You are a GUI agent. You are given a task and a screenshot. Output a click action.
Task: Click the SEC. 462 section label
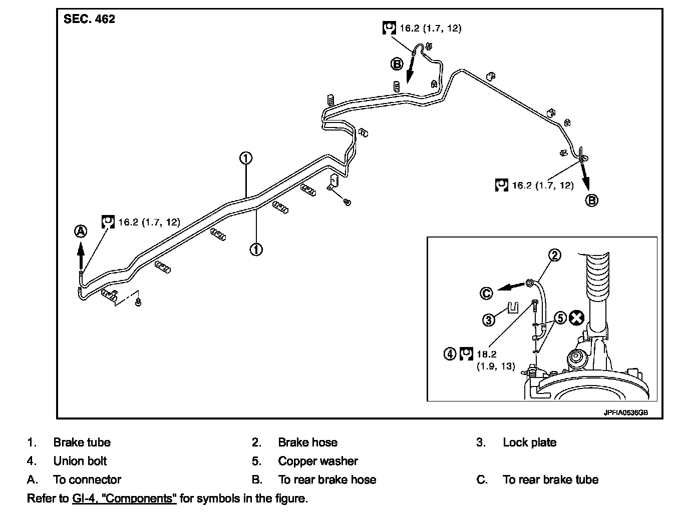pos(89,19)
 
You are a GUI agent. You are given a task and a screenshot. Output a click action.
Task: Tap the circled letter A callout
pos(81,231)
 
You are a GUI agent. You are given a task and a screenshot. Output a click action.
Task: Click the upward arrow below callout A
pos(81,255)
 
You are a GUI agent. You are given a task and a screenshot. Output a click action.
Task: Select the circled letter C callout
pos(486,293)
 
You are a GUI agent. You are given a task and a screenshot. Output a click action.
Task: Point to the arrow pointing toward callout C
pos(511,286)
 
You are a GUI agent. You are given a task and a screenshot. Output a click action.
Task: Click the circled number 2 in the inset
pos(555,255)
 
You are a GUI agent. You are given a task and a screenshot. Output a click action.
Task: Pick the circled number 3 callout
pos(489,320)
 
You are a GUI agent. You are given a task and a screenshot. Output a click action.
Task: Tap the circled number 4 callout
pos(450,353)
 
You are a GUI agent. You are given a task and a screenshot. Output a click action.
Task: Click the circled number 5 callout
pos(560,318)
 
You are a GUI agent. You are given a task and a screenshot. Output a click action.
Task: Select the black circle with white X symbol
pos(576,318)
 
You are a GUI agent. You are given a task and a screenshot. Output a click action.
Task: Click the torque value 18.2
pos(487,354)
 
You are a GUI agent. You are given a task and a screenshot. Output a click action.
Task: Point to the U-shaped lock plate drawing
pos(513,307)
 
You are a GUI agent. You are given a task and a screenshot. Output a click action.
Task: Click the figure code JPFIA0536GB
pos(625,412)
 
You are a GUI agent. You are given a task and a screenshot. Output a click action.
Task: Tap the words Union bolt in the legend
pos(80,461)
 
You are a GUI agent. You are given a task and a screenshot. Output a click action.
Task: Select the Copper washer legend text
pos(318,461)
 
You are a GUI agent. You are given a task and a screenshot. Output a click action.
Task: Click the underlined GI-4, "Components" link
pos(124,498)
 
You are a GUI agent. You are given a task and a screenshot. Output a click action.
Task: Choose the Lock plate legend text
pos(530,442)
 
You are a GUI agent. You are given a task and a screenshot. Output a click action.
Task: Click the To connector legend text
pos(87,479)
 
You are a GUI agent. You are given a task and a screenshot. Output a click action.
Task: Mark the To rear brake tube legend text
pos(551,479)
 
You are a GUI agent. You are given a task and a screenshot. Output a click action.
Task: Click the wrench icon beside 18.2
pos(466,354)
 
